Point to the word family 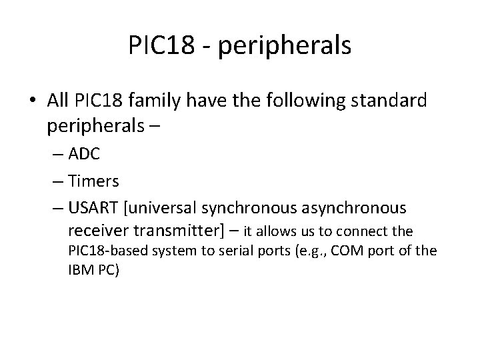(151, 101)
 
